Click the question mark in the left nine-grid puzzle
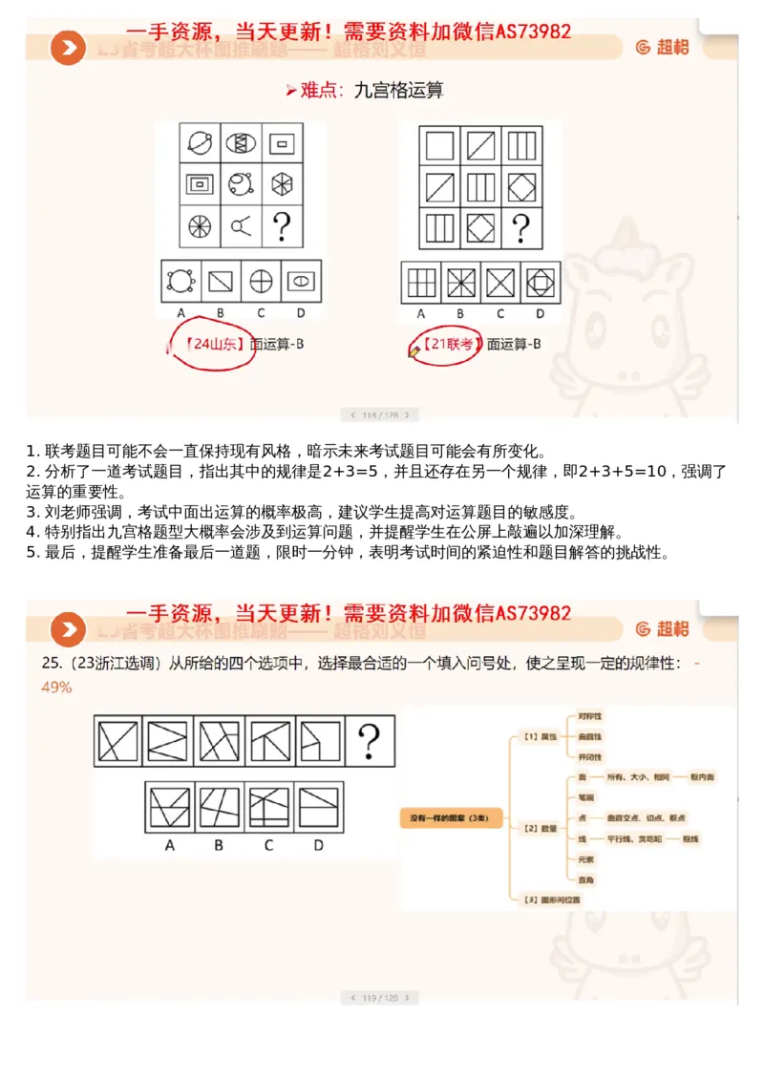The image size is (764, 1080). (x=282, y=227)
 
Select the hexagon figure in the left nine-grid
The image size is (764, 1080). (x=282, y=184)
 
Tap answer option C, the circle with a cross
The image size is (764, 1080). (x=261, y=282)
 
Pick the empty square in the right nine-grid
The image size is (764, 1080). (x=439, y=145)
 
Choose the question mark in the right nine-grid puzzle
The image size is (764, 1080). (x=520, y=228)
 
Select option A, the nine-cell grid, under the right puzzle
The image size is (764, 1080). (x=420, y=283)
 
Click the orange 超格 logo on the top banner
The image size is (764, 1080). (x=662, y=47)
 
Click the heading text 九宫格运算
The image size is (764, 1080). (x=398, y=91)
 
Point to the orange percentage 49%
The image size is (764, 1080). (x=56, y=687)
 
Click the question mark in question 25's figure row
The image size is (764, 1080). (x=369, y=741)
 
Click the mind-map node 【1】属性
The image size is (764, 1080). (x=541, y=736)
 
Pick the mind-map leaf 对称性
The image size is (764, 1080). (x=590, y=715)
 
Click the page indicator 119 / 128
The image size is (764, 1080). (x=379, y=997)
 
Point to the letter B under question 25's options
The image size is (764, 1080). (x=219, y=844)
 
